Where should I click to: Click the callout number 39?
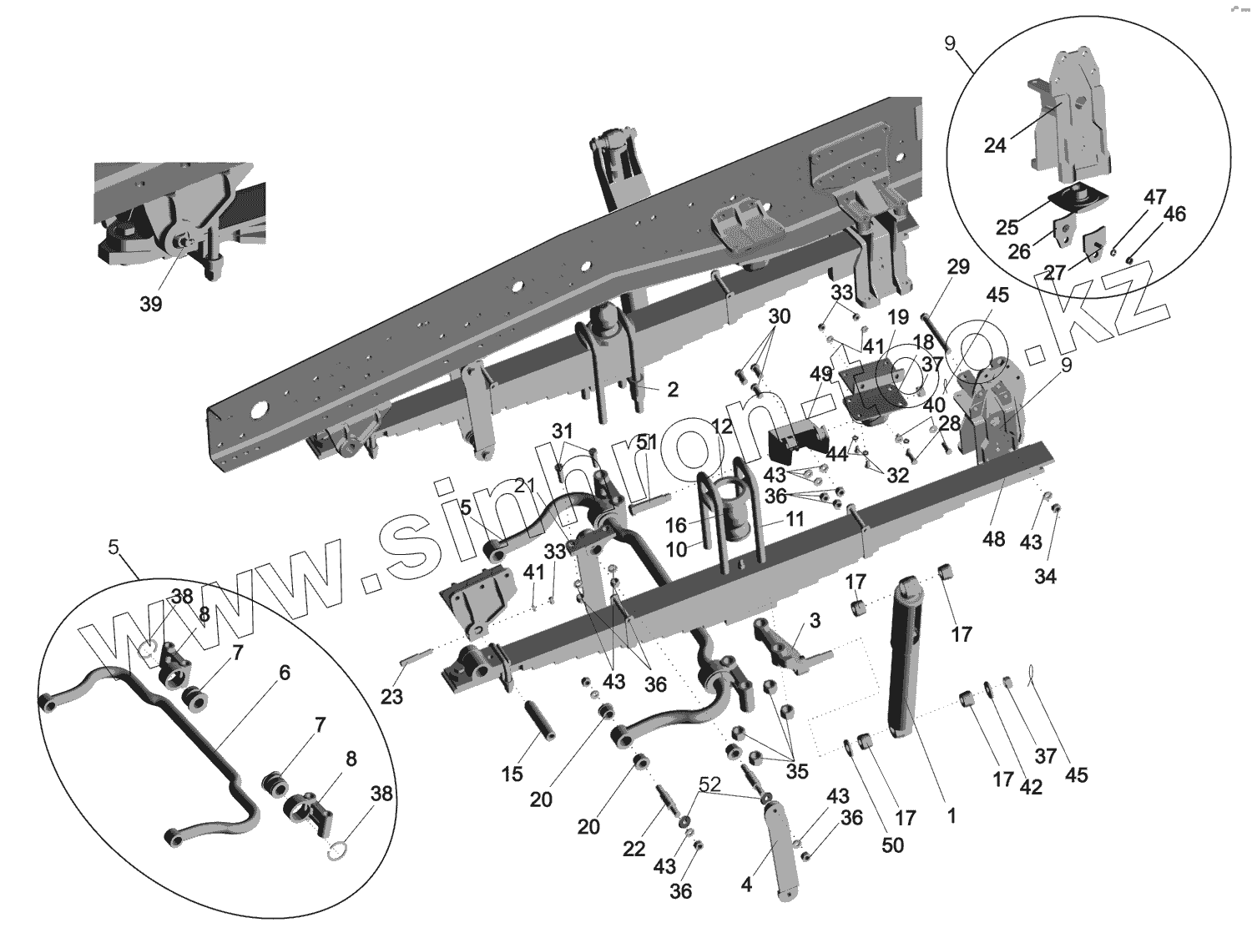pyautogui.click(x=150, y=305)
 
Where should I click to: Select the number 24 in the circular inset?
pyautogui.click(x=995, y=145)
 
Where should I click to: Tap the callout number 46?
pyautogui.click(x=1174, y=214)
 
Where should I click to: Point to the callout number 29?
pyautogui.click(x=958, y=267)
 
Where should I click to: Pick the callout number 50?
pyautogui.click(x=892, y=845)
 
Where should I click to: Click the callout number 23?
pyautogui.click(x=391, y=695)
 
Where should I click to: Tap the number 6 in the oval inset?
pyautogui.click(x=285, y=673)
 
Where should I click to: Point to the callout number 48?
pyautogui.click(x=993, y=539)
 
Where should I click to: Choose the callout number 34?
pyautogui.click(x=1045, y=576)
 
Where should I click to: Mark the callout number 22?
pyautogui.click(x=634, y=849)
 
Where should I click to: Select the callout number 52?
pyautogui.click(x=709, y=785)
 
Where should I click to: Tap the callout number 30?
pyautogui.click(x=779, y=317)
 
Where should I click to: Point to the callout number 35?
pyautogui.click(x=797, y=771)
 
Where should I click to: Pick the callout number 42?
pyautogui.click(x=1031, y=786)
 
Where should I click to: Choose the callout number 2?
pyautogui.click(x=673, y=389)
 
